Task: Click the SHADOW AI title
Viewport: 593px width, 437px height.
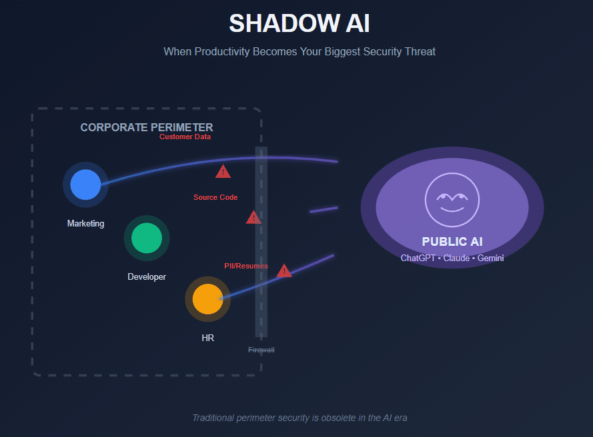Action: tap(299, 23)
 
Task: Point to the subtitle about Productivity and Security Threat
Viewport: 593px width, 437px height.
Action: tap(300, 51)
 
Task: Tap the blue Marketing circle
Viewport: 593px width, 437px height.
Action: tap(85, 185)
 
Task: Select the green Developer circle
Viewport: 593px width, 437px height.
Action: tap(147, 238)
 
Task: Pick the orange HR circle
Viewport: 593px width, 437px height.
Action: tap(207, 298)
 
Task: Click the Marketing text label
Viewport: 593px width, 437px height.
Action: tap(85, 224)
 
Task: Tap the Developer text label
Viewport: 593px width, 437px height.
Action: tap(147, 276)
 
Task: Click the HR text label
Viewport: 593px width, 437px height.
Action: tap(207, 338)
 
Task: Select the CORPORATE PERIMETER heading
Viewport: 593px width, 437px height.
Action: tap(147, 127)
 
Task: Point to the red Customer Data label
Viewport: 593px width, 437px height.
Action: tap(185, 137)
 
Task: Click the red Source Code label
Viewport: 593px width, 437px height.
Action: tap(215, 197)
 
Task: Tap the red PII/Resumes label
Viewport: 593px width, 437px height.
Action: tap(246, 266)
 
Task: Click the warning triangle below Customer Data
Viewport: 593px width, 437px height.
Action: tap(223, 172)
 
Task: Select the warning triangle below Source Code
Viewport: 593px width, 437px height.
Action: tap(253, 217)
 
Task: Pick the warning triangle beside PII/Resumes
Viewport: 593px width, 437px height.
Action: tap(284, 270)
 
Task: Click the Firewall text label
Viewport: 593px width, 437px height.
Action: tap(261, 350)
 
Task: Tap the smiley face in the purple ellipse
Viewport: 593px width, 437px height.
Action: tap(452, 199)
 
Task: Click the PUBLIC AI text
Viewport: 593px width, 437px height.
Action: tap(452, 242)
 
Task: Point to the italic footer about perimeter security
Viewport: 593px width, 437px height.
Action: tap(300, 418)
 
